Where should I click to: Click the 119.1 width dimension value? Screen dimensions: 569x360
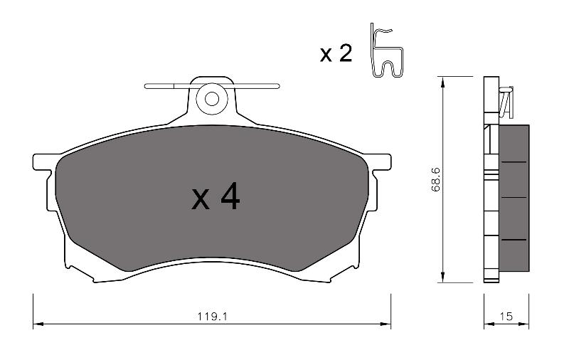212,317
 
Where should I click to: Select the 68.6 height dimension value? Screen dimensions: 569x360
435,179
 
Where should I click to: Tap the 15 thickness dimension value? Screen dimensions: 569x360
506,317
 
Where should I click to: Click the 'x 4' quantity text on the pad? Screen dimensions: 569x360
216,196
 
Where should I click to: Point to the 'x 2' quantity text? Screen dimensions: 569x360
336,53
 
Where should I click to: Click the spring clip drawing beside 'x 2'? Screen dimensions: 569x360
386,51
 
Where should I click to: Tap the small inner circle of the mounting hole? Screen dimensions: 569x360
212,99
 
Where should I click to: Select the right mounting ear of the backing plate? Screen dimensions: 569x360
381,162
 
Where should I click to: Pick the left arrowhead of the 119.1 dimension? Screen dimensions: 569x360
38,324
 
